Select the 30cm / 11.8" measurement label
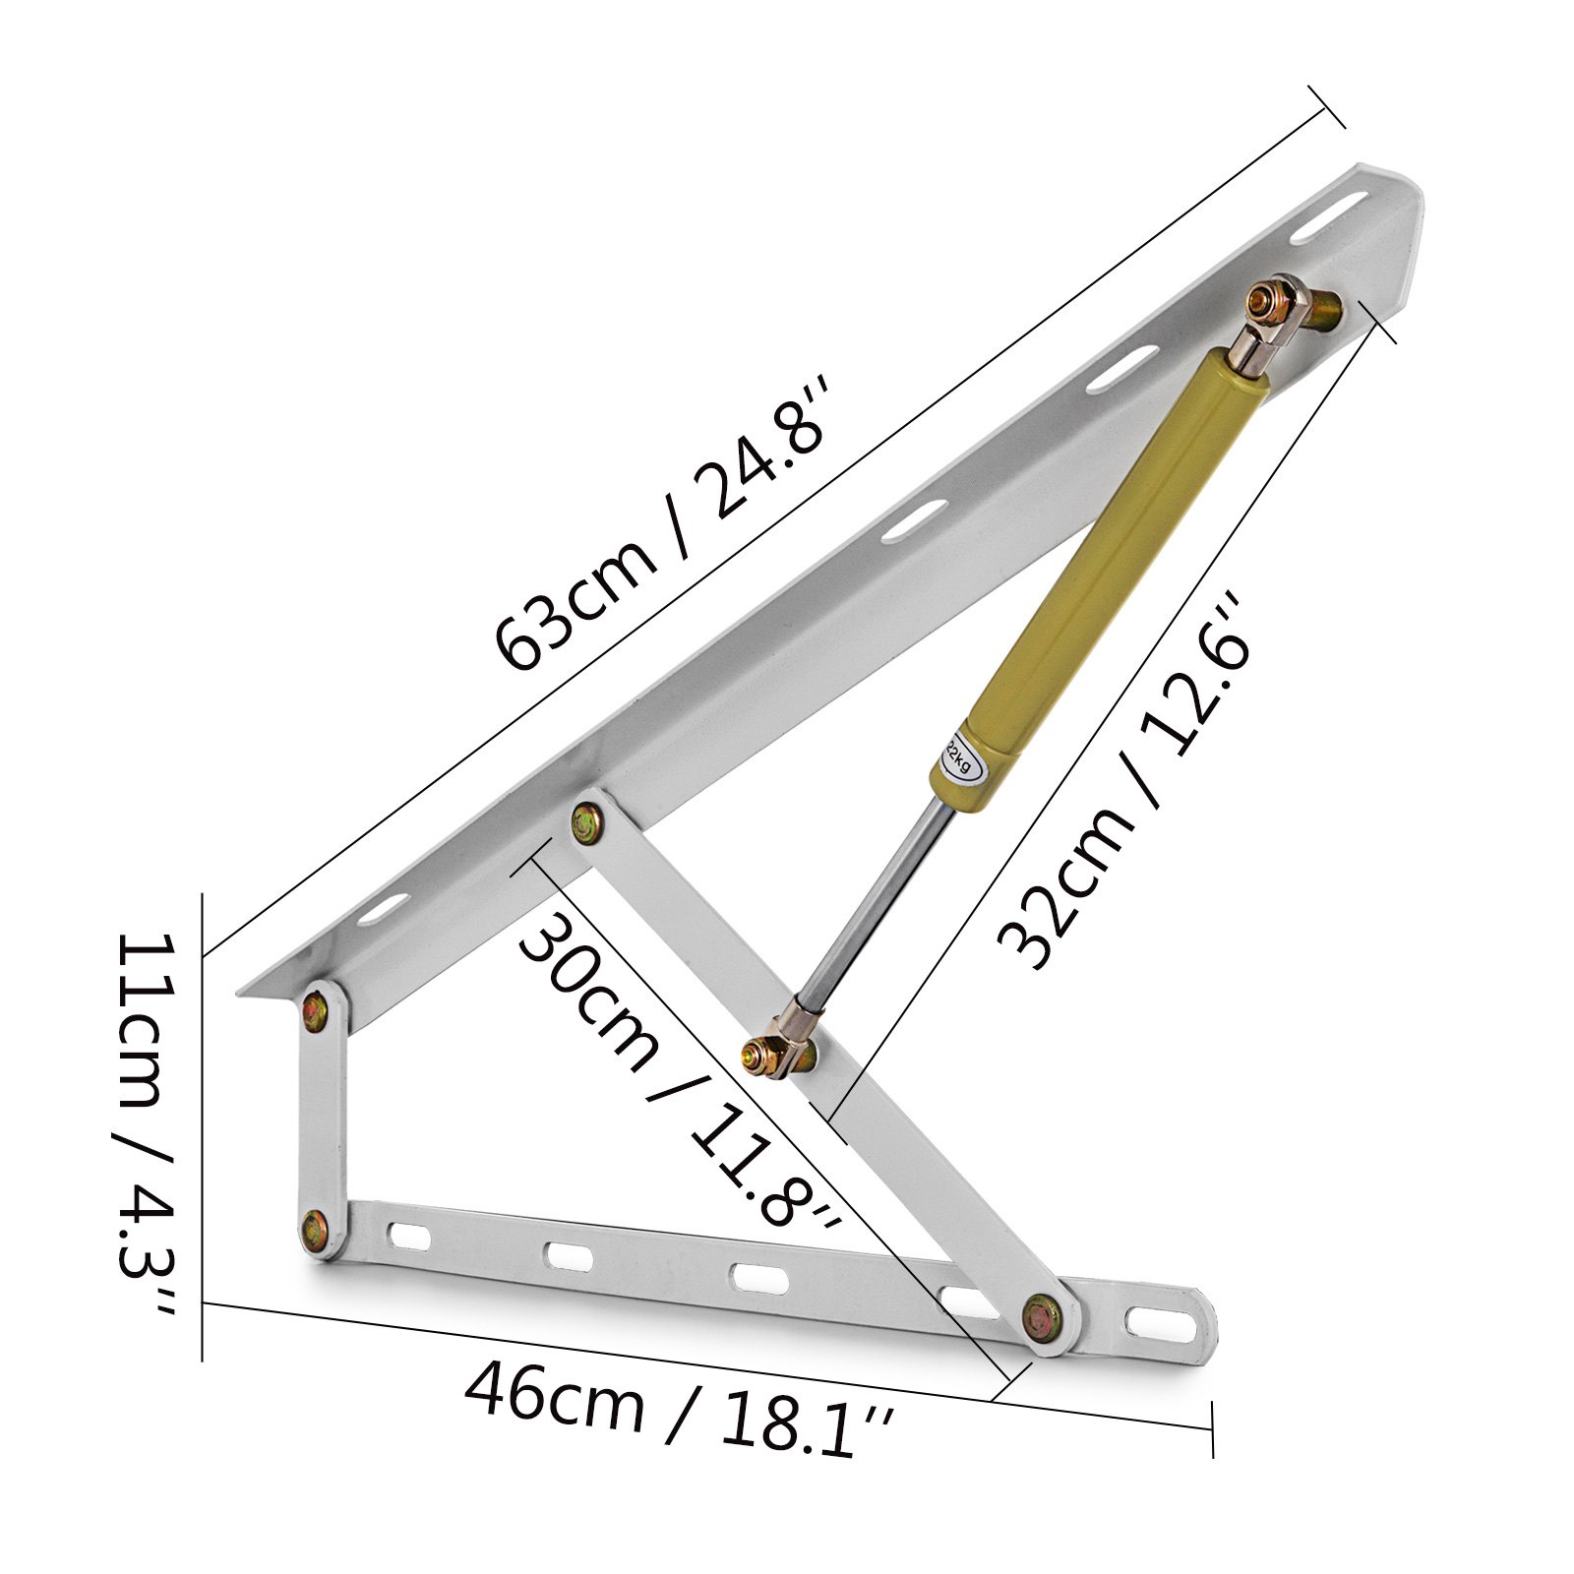[x=679, y=1072]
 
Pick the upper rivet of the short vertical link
[x=318, y=1008]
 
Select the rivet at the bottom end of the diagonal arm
[x=1043, y=1315]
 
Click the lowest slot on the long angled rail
[x=383, y=907]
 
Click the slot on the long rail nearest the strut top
[x=1121, y=370]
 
